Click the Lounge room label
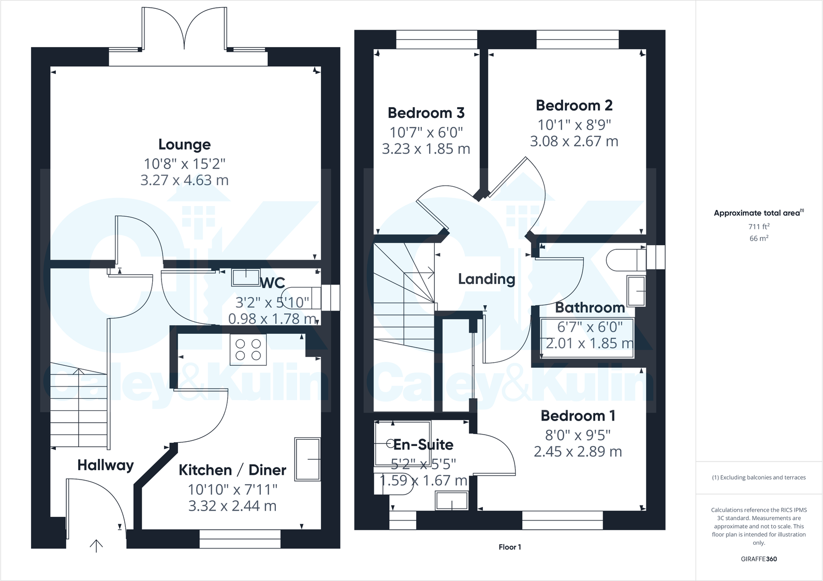pyautogui.click(x=184, y=144)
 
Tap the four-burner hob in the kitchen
pyautogui.click(x=248, y=349)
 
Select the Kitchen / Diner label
pyautogui.click(x=232, y=470)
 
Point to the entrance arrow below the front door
pyautogui.click(x=96, y=545)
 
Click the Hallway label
pyautogui.click(x=106, y=465)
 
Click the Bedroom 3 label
pyautogui.click(x=426, y=113)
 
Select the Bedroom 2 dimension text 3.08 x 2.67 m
pyautogui.click(x=574, y=141)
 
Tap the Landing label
pyautogui.click(x=487, y=279)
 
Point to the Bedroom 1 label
pyautogui.click(x=578, y=415)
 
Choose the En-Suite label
pyautogui.click(x=423, y=444)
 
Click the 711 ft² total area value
pyautogui.click(x=759, y=227)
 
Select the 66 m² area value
pyautogui.click(x=759, y=239)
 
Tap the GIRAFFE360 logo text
pyautogui.click(x=759, y=559)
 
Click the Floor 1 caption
pyautogui.click(x=510, y=547)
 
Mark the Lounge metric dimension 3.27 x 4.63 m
pyautogui.click(x=184, y=180)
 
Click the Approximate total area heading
pyautogui.click(x=759, y=213)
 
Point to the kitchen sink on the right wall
pyautogui.click(x=307, y=459)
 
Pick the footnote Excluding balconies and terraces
pyautogui.click(x=759, y=478)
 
